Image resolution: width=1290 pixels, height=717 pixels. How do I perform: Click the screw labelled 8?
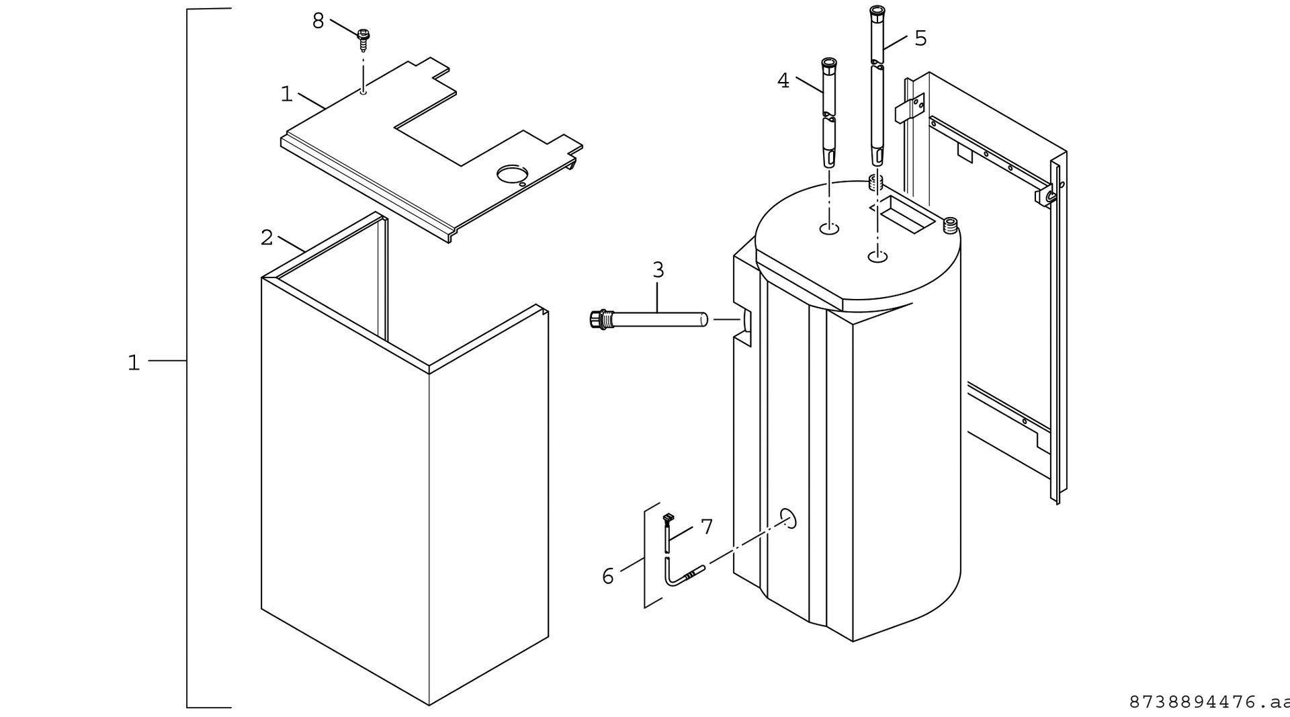tap(363, 40)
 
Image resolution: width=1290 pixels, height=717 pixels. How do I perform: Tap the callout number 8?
tap(318, 22)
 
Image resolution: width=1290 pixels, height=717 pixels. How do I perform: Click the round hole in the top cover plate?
tap(513, 175)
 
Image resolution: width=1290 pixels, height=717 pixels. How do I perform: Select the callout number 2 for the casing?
tap(267, 237)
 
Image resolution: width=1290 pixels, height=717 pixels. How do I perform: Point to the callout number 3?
tap(658, 270)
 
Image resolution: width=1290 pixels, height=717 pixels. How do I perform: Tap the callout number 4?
tap(783, 81)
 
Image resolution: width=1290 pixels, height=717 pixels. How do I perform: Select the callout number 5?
tap(920, 38)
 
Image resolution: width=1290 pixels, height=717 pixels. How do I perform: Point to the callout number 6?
tap(608, 576)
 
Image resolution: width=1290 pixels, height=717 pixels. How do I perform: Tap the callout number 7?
tap(706, 527)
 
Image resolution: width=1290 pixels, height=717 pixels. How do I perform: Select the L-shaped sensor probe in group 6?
tap(682, 575)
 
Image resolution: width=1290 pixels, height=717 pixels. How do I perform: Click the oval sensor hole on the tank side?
tap(788, 518)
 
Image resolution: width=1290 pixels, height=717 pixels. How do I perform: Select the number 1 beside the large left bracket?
tap(134, 363)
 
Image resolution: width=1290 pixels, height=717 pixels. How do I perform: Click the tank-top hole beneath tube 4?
tap(830, 230)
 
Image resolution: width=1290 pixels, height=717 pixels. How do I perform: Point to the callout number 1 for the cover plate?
tap(286, 94)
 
